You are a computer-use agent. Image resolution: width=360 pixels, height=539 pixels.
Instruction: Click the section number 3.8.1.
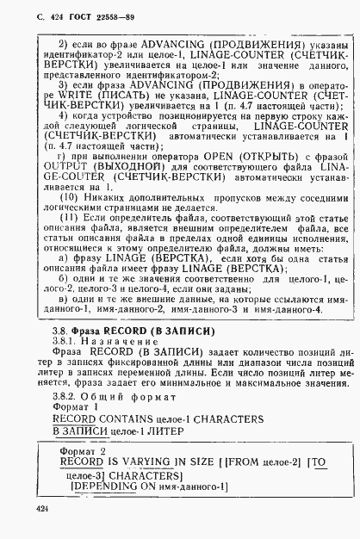(x=64, y=339)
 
